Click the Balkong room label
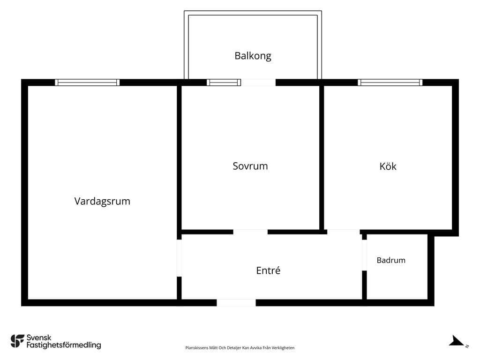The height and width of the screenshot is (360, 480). (x=253, y=56)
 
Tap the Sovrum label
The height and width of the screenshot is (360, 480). (x=250, y=166)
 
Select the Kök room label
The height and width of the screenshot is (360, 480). (x=388, y=166)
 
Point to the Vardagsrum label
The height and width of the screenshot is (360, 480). (x=102, y=202)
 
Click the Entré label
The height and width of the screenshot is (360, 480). (x=268, y=270)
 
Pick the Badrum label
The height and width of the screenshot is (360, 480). (x=391, y=260)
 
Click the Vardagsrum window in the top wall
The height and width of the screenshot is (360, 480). (x=87, y=82)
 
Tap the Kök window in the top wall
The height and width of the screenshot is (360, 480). (x=390, y=82)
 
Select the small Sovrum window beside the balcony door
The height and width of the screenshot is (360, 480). (x=224, y=82)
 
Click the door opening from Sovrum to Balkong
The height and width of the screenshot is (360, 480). (x=258, y=82)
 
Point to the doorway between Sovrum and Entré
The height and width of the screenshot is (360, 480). (x=250, y=232)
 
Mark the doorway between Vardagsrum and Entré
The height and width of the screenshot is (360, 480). (x=180, y=258)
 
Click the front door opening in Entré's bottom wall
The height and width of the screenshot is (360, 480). (x=236, y=303)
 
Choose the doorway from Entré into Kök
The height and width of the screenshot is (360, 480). (x=344, y=232)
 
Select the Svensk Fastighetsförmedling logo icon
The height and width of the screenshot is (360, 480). (x=17, y=341)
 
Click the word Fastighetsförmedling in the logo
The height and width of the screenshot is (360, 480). (x=64, y=345)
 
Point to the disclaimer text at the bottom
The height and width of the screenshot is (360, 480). (x=240, y=348)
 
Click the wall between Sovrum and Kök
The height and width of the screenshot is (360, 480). (x=322, y=157)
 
